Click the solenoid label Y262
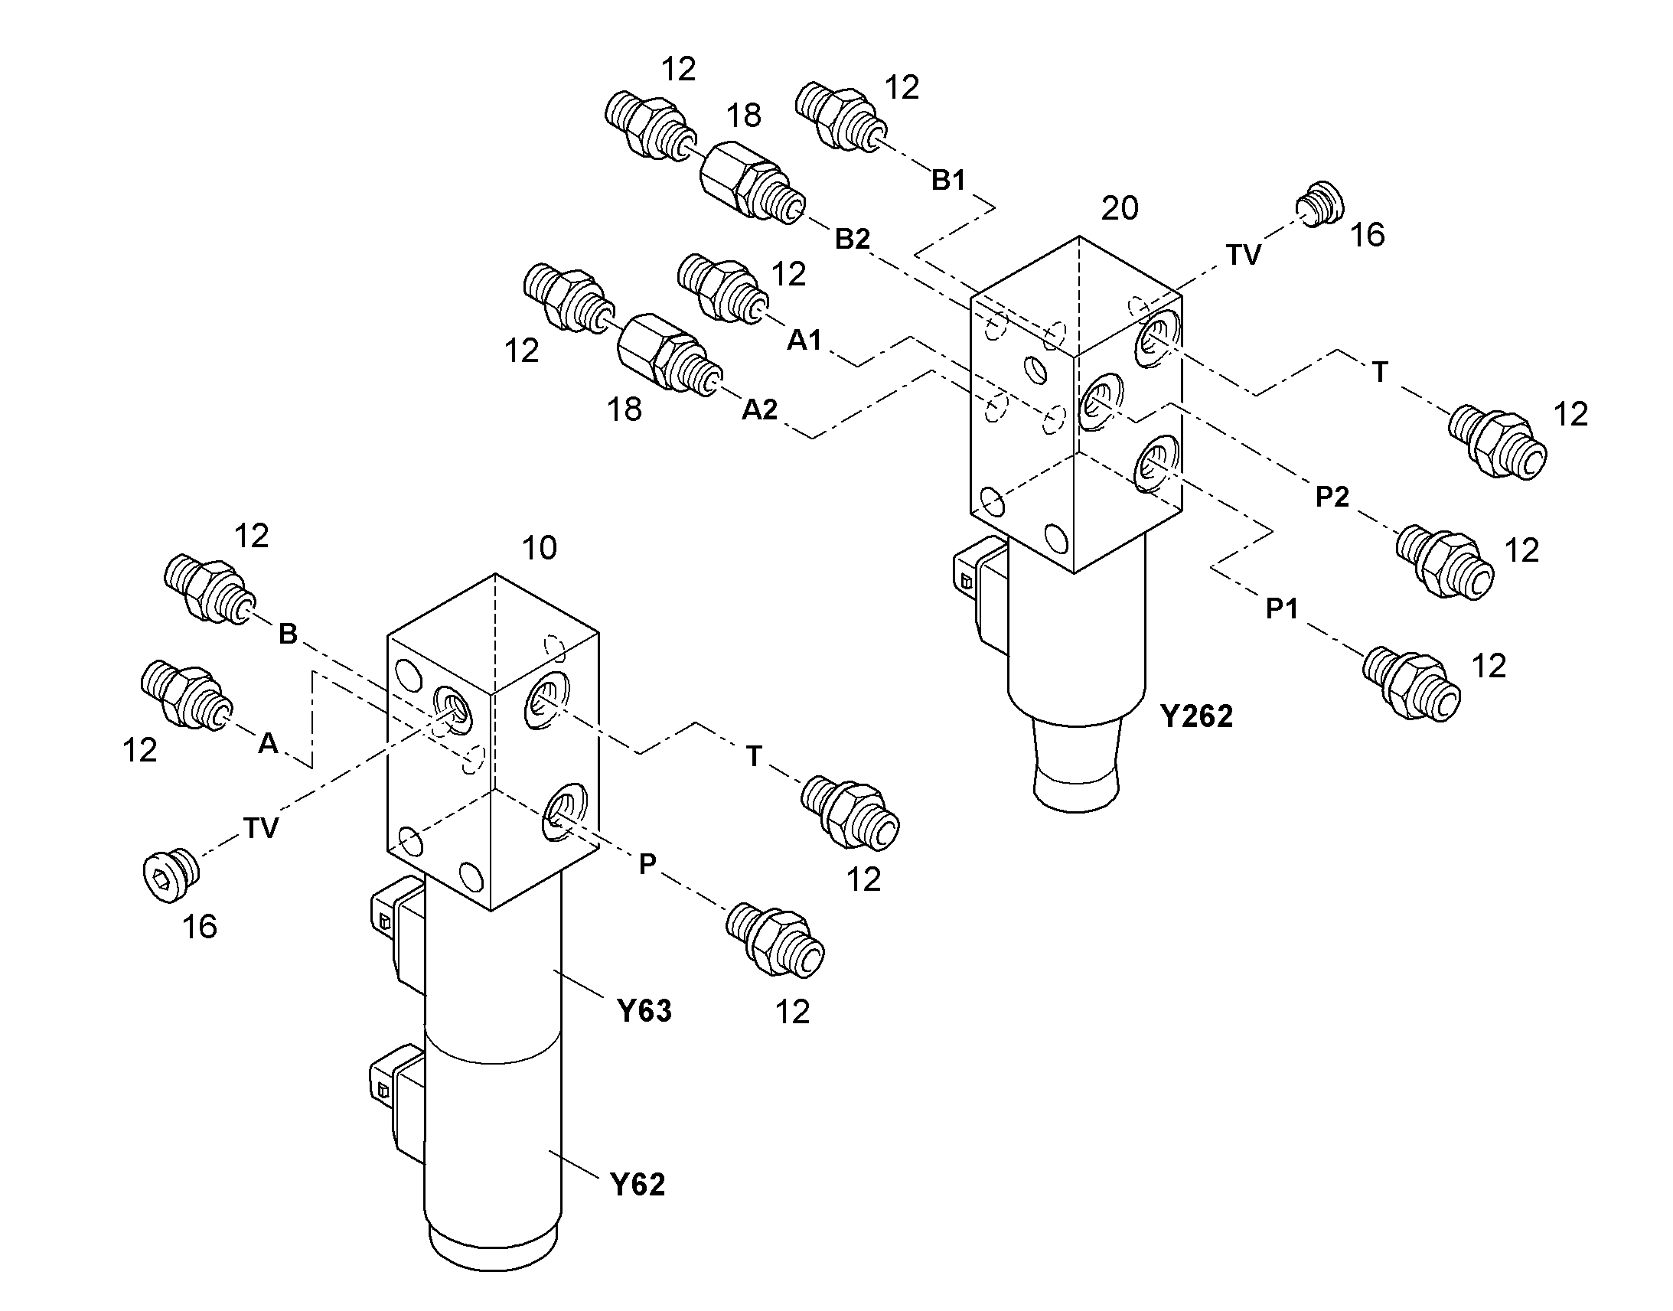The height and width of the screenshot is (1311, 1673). tap(1196, 716)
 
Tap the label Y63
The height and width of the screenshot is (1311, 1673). tap(644, 1011)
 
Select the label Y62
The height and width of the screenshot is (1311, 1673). tap(638, 1185)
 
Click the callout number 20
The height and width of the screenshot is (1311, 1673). tap(1120, 208)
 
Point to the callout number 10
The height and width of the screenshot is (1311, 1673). tap(539, 548)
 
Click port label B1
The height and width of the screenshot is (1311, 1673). tap(948, 181)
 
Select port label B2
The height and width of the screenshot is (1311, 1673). tap(853, 240)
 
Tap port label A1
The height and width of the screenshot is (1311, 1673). tap(804, 339)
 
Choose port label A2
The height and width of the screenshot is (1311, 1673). tap(760, 410)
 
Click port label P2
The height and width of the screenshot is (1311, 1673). tap(1332, 497)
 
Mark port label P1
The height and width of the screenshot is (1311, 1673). tap(1282, 608)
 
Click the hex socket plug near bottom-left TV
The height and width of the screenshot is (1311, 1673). tap(172, 876)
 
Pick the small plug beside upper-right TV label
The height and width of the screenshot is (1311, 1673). tap(1320, 204)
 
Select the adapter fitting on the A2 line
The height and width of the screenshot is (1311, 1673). tap(670, 354)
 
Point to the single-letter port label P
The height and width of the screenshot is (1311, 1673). tap(647, 864)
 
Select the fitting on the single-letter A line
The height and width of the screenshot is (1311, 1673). tap(184, 695)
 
